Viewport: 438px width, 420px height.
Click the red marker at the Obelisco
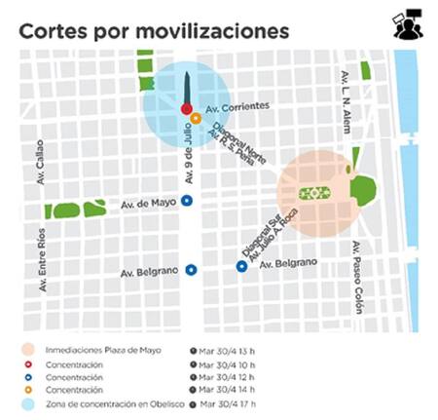pyautogui.click(x=187, y=109)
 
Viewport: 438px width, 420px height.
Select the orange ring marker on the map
pyautogui.click(x=196, y=119)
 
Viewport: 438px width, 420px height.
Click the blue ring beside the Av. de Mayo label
pyautogui.click(x=187, y=201)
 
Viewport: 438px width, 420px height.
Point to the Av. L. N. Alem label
pyautogui.click(x=346, y=101)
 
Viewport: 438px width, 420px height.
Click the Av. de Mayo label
pyautogui.click(x=146, y=205)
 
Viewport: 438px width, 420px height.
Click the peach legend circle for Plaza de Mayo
pyautogui.click(x=29, y=349)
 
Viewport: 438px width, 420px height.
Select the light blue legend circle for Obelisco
pyautogui.click(x=29, y=401)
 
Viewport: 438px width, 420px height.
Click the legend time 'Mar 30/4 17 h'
pyautogui.click(x=232, y=401)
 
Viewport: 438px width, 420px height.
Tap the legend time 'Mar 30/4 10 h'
pyautogui.click(x=232, y=363)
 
